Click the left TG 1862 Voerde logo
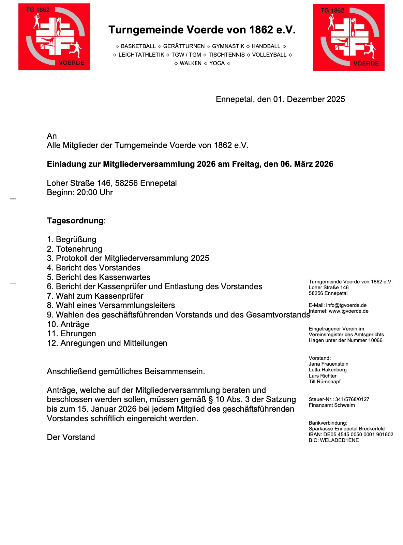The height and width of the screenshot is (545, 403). pos(54,37)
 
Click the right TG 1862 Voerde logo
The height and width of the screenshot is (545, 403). pos(348,38)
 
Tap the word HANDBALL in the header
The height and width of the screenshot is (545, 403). pos(266,46)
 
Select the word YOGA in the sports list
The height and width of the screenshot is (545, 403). pos(217,63)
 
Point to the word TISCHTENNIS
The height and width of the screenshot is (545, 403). pos(226,55)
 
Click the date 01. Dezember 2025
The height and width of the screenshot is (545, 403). pos(309,99)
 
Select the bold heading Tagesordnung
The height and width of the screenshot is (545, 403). pos(75,221)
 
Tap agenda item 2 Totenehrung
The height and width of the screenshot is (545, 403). pos(79,249)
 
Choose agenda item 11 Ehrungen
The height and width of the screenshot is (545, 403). pos(78,334)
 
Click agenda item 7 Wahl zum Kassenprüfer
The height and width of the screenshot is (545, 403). pos(100,296)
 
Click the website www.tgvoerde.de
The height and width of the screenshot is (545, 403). pos(348,311)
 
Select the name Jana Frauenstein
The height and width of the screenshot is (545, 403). pos(328,364)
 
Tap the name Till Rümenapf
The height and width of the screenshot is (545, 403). pos(325,382)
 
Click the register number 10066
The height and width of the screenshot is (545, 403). pos(375,340)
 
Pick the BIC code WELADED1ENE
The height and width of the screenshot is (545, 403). pos(339,440)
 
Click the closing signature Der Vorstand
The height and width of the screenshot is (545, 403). pos(71,437)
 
